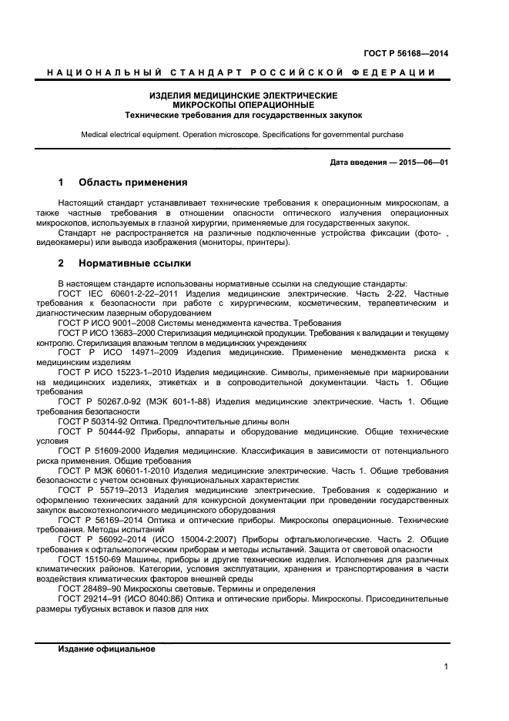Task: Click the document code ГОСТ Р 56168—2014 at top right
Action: click(x=405, y=53)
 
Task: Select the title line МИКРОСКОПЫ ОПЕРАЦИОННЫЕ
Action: click(x=243, y=105)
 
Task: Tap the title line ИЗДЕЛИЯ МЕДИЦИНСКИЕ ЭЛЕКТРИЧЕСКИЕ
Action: click(x=243, y=96)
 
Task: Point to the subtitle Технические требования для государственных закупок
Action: click(x=243, y=115)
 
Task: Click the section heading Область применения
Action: click(x=132, y=183)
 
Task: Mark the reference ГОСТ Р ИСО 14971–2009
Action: click(x=116, y=352)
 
